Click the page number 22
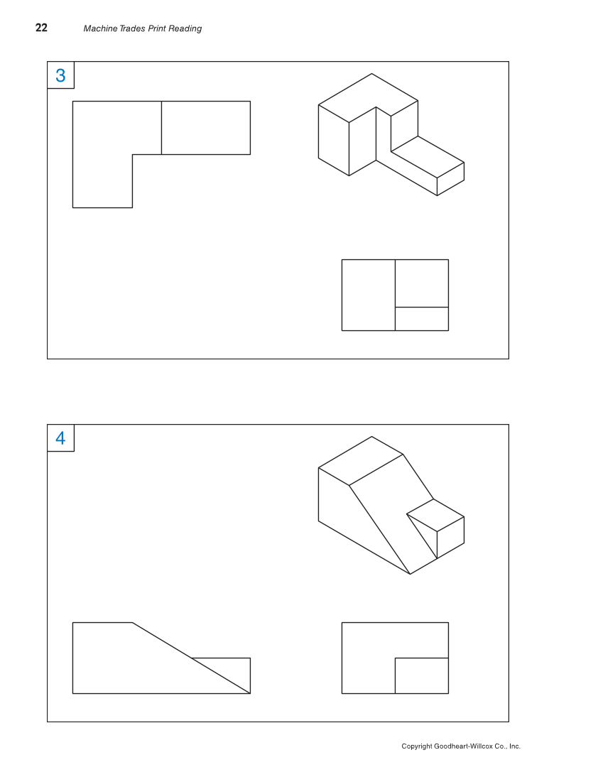click(x=41, y=28)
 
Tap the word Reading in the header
click(x=185, y=29)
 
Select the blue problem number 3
click(x=60, y=75)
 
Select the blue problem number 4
click(x=60, y=438)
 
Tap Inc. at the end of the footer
click(x=514, y=746)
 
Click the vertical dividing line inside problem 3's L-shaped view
click(x=161, y=128)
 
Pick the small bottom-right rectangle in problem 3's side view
click(x=421, y=319)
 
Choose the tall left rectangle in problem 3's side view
click(x=368, y=295)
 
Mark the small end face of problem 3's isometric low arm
click(x=450, y=178)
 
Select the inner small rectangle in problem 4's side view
click(x=421, y=675)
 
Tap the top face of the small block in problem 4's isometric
click(x=435, y=513)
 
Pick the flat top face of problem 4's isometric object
click(x=361, y=461)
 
